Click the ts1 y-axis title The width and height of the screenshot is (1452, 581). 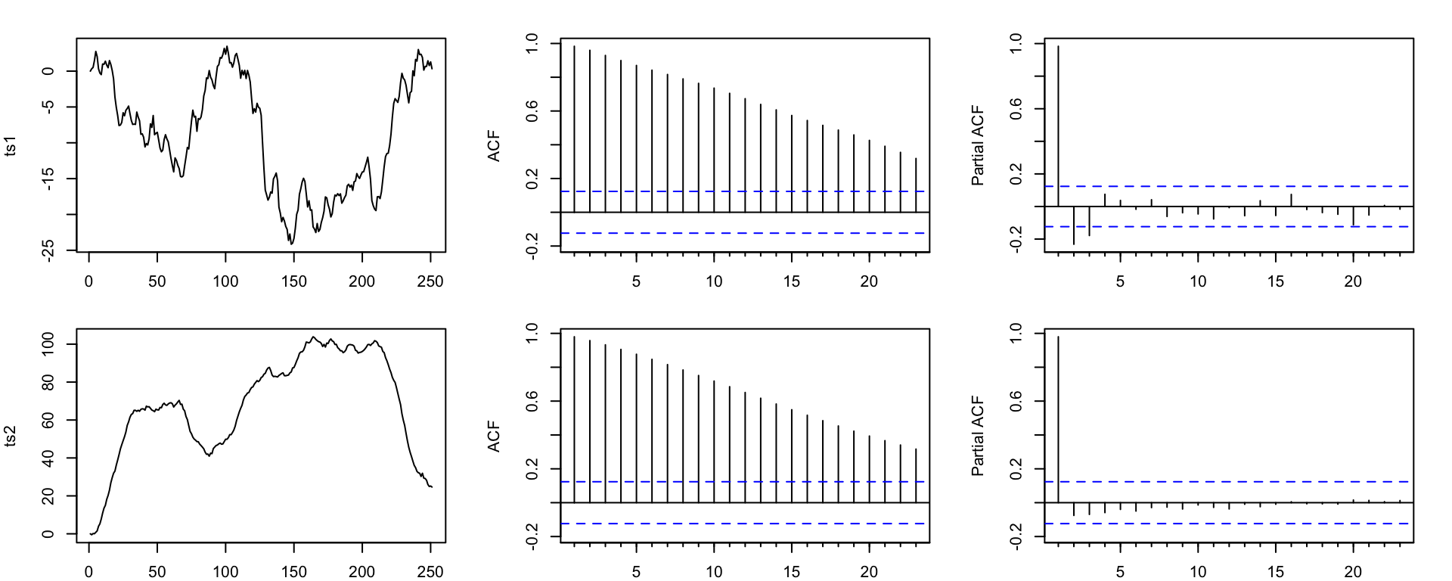point(11,146)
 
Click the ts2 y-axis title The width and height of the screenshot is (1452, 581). point(11,437)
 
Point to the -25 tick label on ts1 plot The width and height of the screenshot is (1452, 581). point(48,250)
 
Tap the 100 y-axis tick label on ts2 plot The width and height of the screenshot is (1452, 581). point(48,345)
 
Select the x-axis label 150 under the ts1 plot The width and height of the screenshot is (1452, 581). point(293,282)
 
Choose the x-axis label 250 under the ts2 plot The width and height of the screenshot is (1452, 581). point(430,572)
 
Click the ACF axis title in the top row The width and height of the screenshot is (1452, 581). point(495,146)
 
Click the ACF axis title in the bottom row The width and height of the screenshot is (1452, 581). point(495,437)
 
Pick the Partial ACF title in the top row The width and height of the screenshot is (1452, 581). point(978,145)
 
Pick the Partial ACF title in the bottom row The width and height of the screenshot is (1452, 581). point(978,436)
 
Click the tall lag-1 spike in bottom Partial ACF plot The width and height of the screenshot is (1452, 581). point(1058,416)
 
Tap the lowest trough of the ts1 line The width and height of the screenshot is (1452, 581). point(291,243)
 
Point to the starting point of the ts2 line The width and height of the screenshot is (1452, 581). point(90,533)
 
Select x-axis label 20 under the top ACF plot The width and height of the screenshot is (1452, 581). point(869,282)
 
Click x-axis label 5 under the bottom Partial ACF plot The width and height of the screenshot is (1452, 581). point(1120,572)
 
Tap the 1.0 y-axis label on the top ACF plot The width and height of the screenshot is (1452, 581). point(532,43)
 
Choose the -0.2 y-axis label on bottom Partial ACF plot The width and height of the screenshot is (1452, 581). point(1016,536)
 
